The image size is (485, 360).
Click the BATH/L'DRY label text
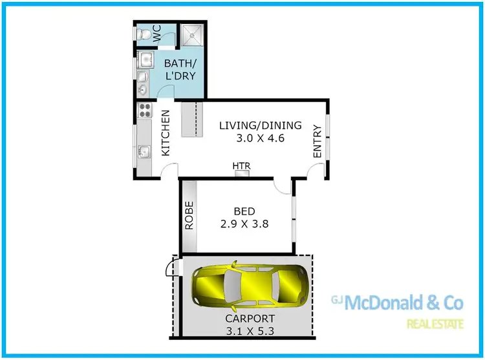click(x=180, y=70)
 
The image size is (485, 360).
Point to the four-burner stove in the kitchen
click(x=144, y=110)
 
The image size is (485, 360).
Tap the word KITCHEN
click(x=166, y=132)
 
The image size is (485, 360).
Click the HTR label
click(x=242, y=166)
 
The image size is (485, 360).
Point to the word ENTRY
click(x=317, y=142)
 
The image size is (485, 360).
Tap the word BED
click(x=244, y=211)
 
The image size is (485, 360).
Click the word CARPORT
click(x=250, y=319)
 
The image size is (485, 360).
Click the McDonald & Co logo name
click(x=405, y=302)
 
